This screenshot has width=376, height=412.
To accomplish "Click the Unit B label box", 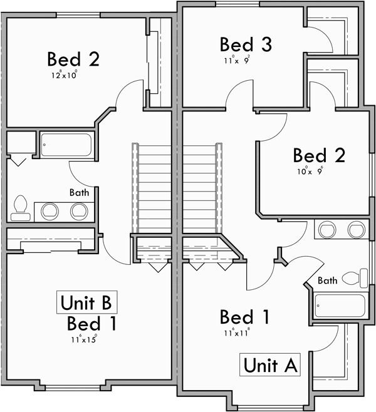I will [86, 302].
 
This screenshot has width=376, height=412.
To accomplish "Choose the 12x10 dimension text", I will [65, 75].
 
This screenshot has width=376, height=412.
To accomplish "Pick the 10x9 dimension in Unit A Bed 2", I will [310, 170].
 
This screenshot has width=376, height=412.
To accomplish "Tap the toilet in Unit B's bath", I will [20, 208].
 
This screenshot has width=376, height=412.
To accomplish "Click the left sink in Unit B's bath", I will [49, 210].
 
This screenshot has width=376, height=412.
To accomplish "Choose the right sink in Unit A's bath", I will [356, 229].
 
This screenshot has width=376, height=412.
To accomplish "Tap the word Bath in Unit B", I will [79, 192].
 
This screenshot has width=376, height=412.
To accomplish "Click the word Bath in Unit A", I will [328, 280].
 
